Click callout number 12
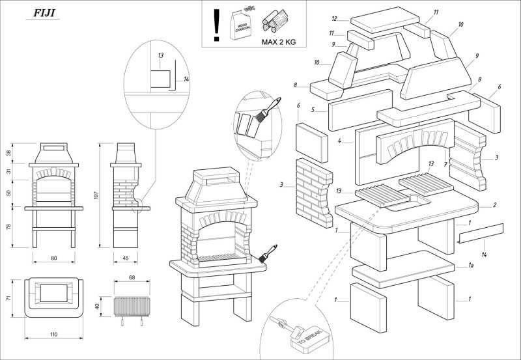point(334,18)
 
